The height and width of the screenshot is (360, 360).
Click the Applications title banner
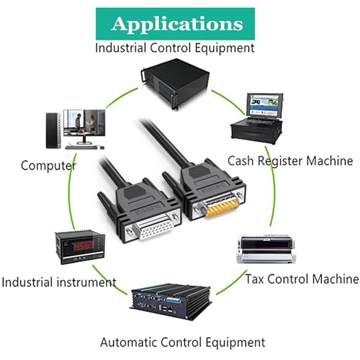[x=175, y=24]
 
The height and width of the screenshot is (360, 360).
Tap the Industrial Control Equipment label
[x=175, y=48]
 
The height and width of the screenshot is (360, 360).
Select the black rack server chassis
[x=176, y=84]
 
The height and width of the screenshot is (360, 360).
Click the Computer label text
[x=48, y=166]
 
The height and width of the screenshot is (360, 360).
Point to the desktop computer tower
[x=53, y=130]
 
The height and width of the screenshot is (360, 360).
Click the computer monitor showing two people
[x=84, y=127]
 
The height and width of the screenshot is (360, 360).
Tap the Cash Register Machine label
[x=290, y=161]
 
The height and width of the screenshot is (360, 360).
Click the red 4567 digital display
[x=84, y=246]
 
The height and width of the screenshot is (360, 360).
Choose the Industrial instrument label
[x=59, y=282]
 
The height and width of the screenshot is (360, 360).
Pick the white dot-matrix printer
[x=266, y=249]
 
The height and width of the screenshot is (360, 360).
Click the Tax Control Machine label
[x=302, y=279]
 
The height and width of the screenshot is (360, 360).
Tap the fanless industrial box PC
[x=171, y=302]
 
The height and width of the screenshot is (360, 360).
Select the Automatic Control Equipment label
[x=183, y=343]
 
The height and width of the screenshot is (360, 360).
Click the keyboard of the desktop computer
[x=81, y=147]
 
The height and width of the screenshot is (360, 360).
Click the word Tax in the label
[x=255, y=279]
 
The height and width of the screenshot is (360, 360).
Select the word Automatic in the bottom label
[x=128, y=342]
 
